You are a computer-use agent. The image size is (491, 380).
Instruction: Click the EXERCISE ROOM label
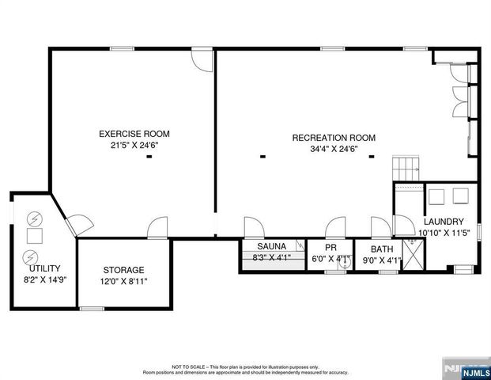tap(134, 134)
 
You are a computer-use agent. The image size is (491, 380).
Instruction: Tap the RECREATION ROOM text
tap(334, 138)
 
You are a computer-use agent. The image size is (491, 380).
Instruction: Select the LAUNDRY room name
tap(444, 222)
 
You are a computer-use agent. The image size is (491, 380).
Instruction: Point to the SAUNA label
tap(260, 246)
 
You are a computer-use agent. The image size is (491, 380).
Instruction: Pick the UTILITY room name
tap(39, 268)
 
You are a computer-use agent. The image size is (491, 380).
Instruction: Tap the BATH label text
tap(382, 249)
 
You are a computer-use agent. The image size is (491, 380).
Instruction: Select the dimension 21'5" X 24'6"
tap(134, 145)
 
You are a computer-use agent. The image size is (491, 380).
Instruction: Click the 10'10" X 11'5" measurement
tap(445, 233)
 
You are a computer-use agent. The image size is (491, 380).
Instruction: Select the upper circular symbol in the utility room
tap(34, 218)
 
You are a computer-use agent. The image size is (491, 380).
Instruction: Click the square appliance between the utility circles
tap(34, 237)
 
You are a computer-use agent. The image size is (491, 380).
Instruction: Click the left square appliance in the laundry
tap(437, 196)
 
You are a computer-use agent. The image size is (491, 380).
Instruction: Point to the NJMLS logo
tap(466, 370)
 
